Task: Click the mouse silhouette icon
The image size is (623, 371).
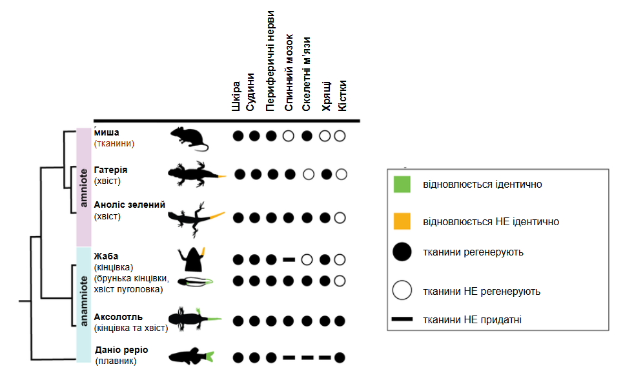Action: [x=189, y=139]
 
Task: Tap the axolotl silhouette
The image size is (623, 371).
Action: [x=195, y=319]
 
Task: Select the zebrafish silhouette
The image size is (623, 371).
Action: [x=191, y=356]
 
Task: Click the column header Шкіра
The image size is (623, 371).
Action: [x=236, y=96]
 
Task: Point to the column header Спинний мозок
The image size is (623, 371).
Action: [x=289, y=73]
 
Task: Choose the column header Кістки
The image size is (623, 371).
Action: [x=342, y=95]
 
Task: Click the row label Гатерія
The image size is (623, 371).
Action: [x=110, y=170]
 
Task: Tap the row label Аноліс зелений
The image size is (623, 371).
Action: [x=130, y=205]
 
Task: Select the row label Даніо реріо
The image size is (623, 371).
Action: [x=121, y=350]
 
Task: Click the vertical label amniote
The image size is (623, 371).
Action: [x=83, y=188]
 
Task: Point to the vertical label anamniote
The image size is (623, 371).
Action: [x=83, y=301]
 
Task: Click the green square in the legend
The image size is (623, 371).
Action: [x=402, y=185]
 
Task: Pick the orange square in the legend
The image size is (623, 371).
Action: [x=402, y=221]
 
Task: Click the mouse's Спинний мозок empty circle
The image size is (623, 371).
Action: [x=289, y=136]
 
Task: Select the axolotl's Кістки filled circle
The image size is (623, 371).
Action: [x=340, y=321]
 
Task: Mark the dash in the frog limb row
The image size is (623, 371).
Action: [x=289, y=260]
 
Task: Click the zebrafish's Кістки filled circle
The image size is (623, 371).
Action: [x=340, y=357]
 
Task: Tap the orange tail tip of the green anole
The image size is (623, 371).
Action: [x=217, y=216]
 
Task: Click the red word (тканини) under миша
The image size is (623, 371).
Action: [x=114, y=143]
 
